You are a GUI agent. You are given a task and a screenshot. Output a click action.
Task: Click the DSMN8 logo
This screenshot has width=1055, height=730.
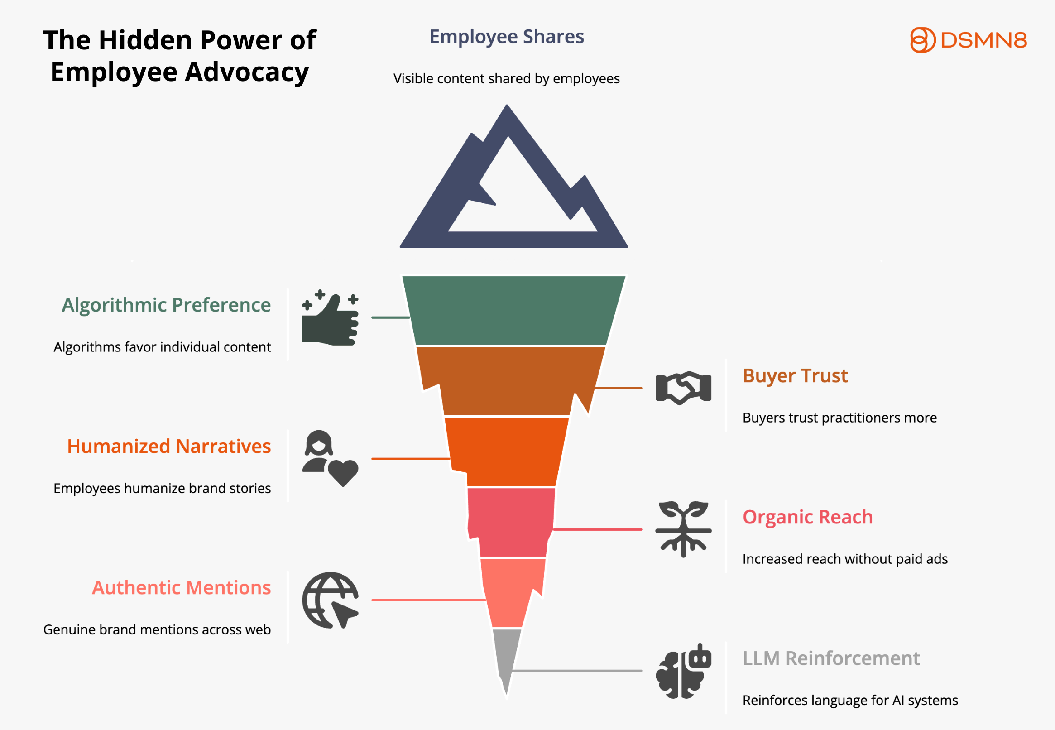(968, 40)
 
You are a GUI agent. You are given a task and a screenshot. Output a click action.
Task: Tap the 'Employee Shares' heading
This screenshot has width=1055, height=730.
(506, 37)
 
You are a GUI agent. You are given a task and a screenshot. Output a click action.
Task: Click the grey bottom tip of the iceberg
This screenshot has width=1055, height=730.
(506, 654)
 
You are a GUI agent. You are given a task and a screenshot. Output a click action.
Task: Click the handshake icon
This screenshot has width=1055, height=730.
(683, 388)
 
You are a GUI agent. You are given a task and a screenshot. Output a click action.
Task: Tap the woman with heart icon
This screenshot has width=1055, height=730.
(330, 458)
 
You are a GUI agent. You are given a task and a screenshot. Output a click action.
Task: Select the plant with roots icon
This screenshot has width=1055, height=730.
(683, 529)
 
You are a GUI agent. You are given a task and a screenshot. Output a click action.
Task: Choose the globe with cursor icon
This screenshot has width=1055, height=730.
(330, 600)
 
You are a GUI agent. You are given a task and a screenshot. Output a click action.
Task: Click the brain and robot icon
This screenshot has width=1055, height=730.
(683, 671)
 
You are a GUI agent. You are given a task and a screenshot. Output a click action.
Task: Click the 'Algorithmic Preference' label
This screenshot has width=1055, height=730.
(166, 305)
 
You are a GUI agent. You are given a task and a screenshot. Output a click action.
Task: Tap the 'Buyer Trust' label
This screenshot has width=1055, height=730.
(795, 375)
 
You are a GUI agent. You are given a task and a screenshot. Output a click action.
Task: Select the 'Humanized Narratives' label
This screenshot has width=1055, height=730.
(169, 447)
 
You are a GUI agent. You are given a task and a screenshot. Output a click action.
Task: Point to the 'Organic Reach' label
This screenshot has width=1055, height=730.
(807, 517)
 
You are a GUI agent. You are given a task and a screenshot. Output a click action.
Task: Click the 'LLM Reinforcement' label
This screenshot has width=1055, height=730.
(830, 658)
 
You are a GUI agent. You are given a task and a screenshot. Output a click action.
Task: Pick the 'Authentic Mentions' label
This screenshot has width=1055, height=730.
(181, 588)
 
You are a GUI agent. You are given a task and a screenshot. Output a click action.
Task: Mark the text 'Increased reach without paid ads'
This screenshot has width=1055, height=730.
(844, 559)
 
